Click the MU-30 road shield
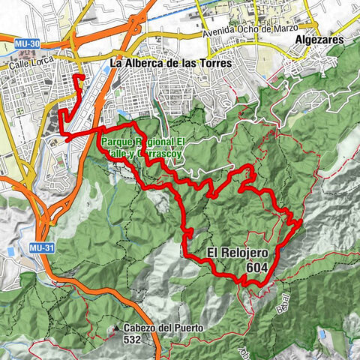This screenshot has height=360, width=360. pyautogui.click(x=26, y=43)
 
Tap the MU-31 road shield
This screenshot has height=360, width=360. pyautogui.click(x=40, y=246)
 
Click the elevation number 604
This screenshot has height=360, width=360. pyautogui.click(x=257, y=266)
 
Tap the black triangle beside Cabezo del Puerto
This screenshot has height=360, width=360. pyautogui.click(x=117, y=328)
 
